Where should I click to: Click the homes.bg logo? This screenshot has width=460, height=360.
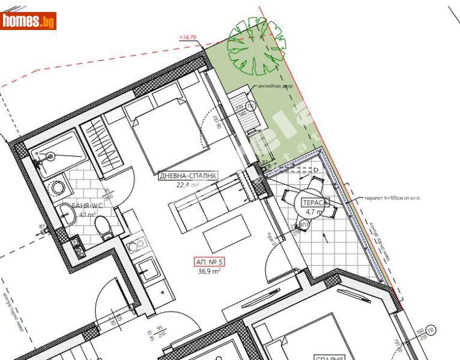28,21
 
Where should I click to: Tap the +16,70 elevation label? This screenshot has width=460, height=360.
188,37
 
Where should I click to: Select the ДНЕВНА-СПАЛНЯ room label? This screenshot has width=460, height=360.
187,176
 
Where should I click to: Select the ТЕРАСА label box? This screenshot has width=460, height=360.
315,202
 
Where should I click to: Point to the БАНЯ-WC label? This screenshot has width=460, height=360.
88,205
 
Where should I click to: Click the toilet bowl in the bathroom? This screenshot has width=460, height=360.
103,227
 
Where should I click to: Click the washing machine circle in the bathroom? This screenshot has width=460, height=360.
58,187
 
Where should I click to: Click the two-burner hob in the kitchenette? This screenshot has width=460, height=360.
136,244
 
